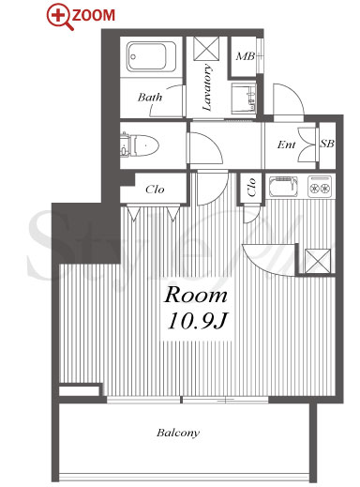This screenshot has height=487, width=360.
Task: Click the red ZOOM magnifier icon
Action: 60,16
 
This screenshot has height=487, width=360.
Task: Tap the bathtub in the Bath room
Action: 151,56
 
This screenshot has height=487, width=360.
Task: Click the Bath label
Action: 150,98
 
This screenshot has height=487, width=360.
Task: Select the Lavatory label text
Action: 207,87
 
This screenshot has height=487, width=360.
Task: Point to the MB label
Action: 246,56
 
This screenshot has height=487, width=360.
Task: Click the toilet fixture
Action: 140,145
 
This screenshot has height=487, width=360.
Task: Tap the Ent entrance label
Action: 286,145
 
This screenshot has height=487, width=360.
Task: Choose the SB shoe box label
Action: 327,144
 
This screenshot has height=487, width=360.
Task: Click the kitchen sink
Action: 283,186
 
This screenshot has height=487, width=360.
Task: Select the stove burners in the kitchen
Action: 320,186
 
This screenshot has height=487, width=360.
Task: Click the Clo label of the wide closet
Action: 155,190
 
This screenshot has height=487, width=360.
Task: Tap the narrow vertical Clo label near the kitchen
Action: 251,188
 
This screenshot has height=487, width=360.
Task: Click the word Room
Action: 196,295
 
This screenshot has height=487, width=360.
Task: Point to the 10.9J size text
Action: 197,321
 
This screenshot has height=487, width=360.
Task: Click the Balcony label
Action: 178,434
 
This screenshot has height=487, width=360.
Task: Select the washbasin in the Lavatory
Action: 244,99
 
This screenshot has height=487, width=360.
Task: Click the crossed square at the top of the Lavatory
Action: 206,48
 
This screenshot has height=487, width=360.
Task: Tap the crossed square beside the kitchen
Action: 318,261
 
